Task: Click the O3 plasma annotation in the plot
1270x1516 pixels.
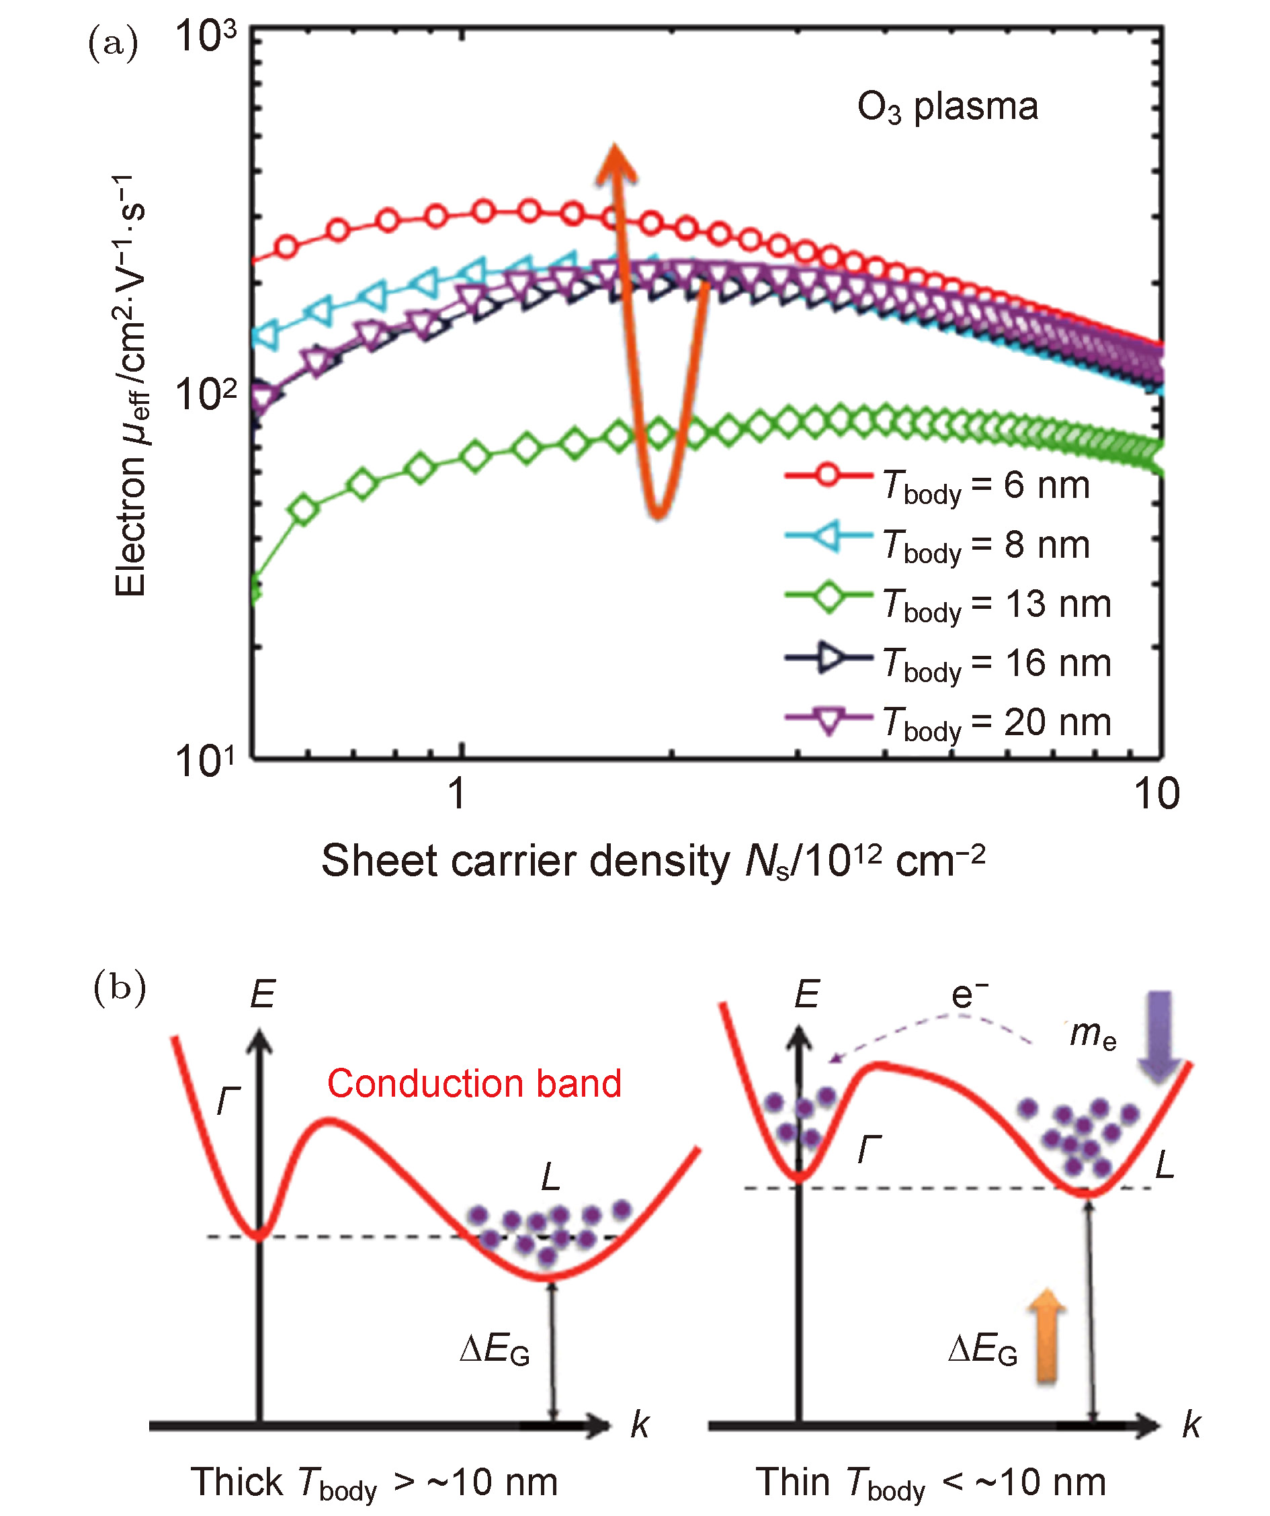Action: pos(947,108)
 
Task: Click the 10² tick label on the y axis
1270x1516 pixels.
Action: pos(206,395)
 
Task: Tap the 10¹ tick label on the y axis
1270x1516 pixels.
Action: pos(206,761)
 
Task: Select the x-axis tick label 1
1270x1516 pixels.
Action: pos(456,794)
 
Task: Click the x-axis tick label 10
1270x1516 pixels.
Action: pos(1156,794)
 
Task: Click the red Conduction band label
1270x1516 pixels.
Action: pos(474,1084)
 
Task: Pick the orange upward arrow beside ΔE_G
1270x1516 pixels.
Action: pos(1047,1335)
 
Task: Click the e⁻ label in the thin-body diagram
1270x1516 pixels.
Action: pos(968,997)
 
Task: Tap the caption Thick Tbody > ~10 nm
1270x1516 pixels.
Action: pos(374,1484)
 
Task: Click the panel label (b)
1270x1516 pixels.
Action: pos(120,988)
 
